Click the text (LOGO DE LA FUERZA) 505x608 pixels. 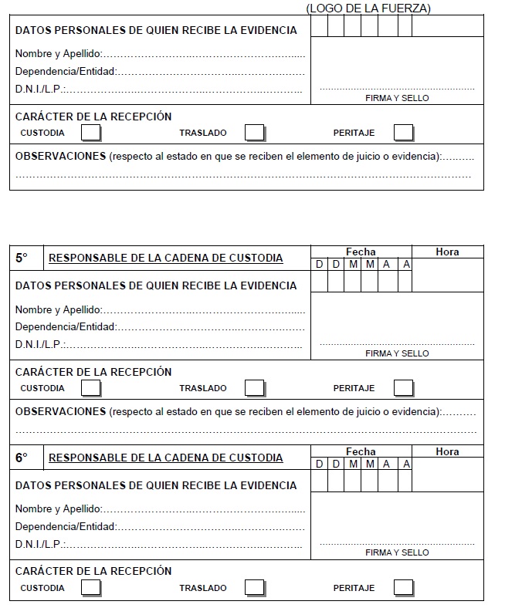(x=368, y=8)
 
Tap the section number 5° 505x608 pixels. (x=22, y=258)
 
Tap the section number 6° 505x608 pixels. (x=22, y=458)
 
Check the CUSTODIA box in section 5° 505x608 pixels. (x=91, y=388)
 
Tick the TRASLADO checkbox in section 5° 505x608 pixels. (x=255, y=388)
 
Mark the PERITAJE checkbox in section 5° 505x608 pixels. (x=403, y=388)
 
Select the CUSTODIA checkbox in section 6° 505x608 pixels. (x=91, y=588)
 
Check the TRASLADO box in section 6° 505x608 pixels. (x=255, y=588)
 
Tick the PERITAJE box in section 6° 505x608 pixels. (x=403, y=588)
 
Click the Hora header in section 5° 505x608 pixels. (x=447, y=252)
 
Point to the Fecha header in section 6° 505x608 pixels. (x=361, y=451)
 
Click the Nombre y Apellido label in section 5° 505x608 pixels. (x=58, y=309)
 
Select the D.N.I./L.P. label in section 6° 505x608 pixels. (x=40, y=544)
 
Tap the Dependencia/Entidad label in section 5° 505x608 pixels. (x=66, y=326)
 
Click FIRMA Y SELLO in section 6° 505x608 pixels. (x=397, y=553)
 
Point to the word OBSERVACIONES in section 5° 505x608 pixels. (x=60, y=411)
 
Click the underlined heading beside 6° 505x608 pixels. (x=165, y=458)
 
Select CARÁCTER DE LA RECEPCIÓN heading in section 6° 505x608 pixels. (x=93, y=571)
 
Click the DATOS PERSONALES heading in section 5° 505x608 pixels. (x=155, y=285)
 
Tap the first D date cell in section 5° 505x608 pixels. (x=319, y=265)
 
